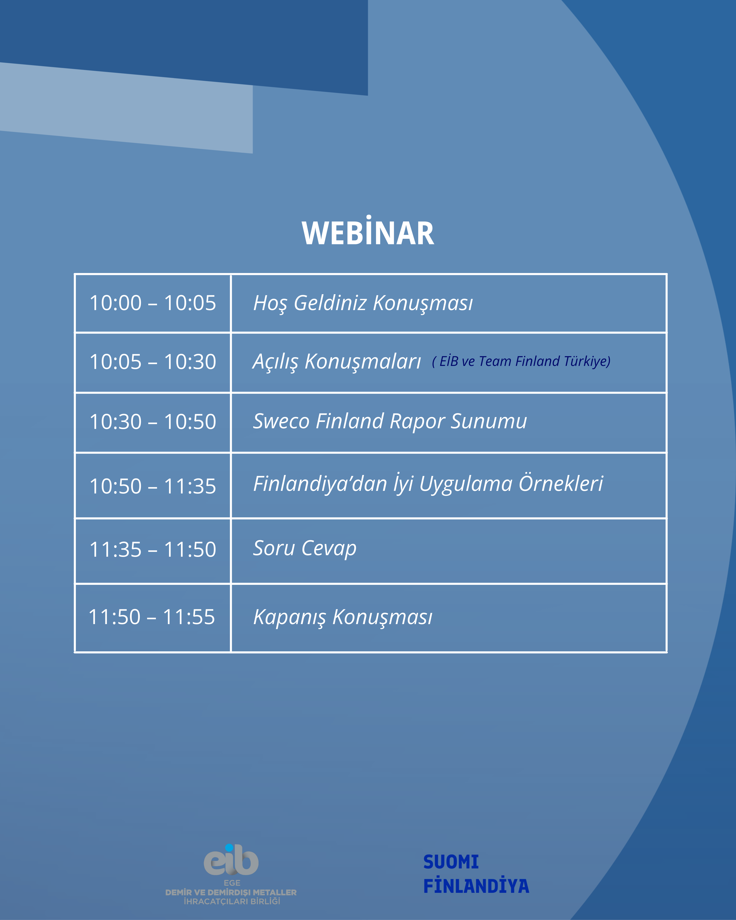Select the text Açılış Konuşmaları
337,362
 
